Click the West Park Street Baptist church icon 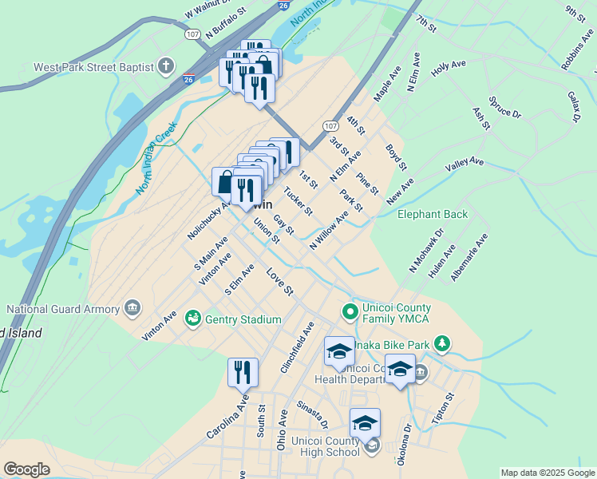(166, 66)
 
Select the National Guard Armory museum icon (132, 308)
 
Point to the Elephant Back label (433, 214)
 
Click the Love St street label (280, 280)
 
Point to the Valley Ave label (465, 167)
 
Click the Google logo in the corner (26, 469)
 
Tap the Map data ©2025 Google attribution (548, 473)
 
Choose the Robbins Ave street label (576, 53)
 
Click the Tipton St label (442, 408)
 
